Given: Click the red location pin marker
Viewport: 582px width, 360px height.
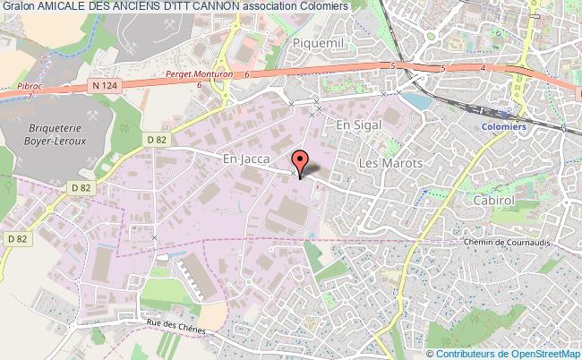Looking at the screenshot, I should pos(299,161).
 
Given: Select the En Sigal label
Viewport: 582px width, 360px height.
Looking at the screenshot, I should pos(353,127).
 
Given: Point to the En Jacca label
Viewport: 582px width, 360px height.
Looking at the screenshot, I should pos(240,158).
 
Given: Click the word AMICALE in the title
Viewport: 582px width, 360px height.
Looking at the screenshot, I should pos(66,7).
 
